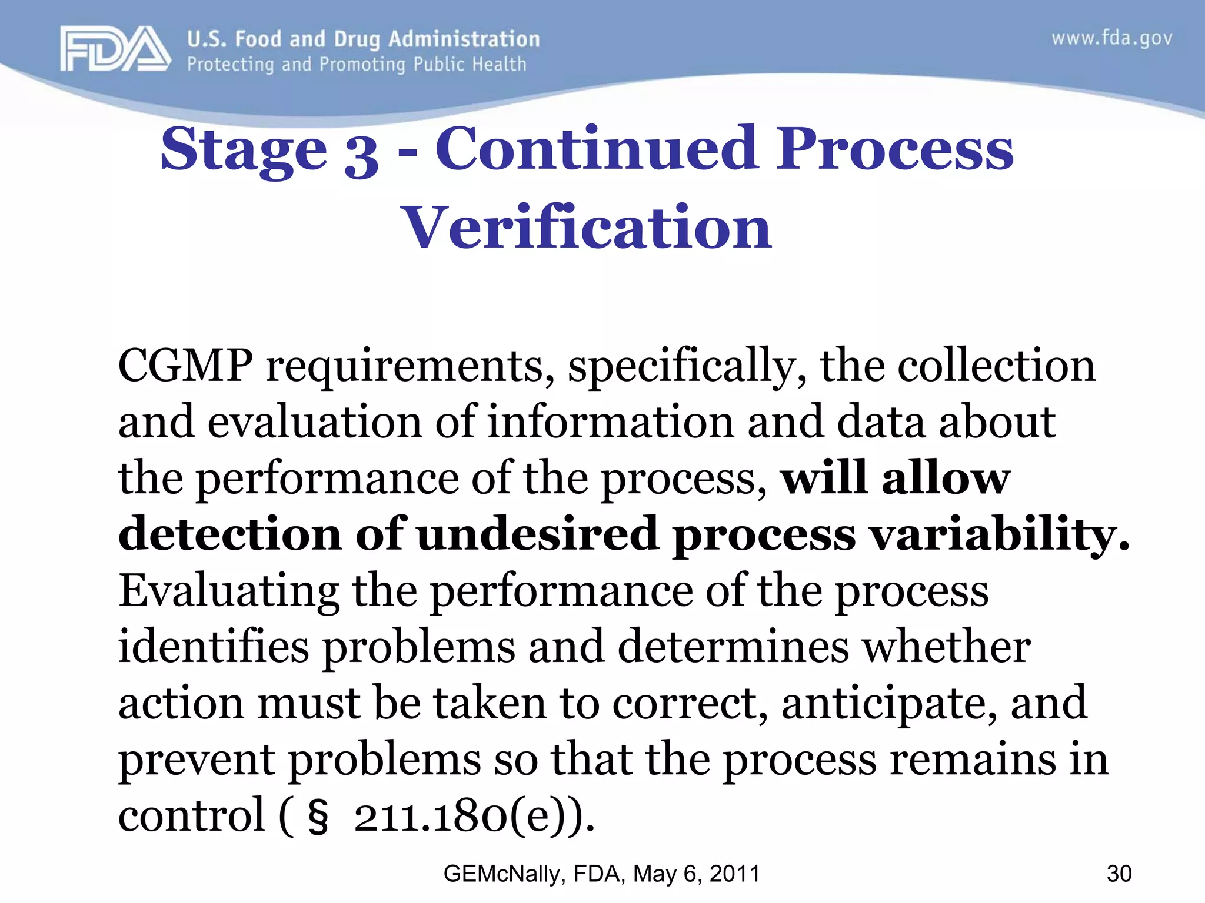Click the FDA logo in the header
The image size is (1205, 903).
pyautogui.click(x=115, y=48)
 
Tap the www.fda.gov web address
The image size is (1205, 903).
pyautogui.click(x=1111, y=39)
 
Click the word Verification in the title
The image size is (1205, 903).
pyautogui.click(x=586, y=227)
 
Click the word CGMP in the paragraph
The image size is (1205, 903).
pyautogui.click(x=185, y=366)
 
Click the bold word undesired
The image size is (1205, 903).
pyautogui.click(x=537, y=534)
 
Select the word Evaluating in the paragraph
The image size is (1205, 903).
pyautogui.click(x=229, y=591)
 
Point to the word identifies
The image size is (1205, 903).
pyautogui.click(x=214, y=646)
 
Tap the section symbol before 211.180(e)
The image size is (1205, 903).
pyautogui.click(x=318, y=818)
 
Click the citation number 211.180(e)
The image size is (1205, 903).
pyautogui.click(x=474, y=817)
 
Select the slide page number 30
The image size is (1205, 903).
pyautogui.click(x=1119, y=874)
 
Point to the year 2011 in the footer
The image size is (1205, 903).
pyautogui.click(x=735, y=874)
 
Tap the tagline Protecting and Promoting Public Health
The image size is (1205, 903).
pyautogui.click(x=357, y=64)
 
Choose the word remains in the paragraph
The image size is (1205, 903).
pyautogui.click(x=973, y=759)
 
